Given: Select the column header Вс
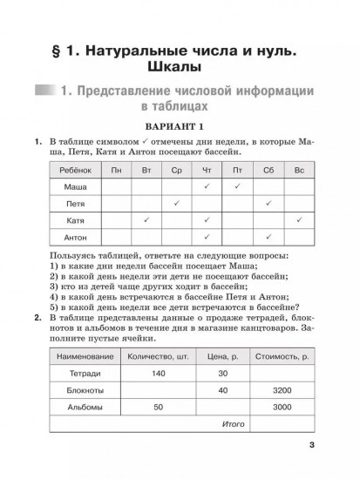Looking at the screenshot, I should click(298, 170).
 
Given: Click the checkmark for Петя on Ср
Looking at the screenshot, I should click(177, 203).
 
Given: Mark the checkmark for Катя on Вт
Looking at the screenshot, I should click(146, 220).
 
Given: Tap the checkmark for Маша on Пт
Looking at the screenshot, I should click(237, 186).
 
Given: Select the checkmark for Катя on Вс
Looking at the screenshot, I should click(298, 220).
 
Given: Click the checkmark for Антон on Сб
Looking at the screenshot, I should click(268, 237).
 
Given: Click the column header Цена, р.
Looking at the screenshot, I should click(222, 355).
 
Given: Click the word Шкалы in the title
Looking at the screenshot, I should click(180, 67).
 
